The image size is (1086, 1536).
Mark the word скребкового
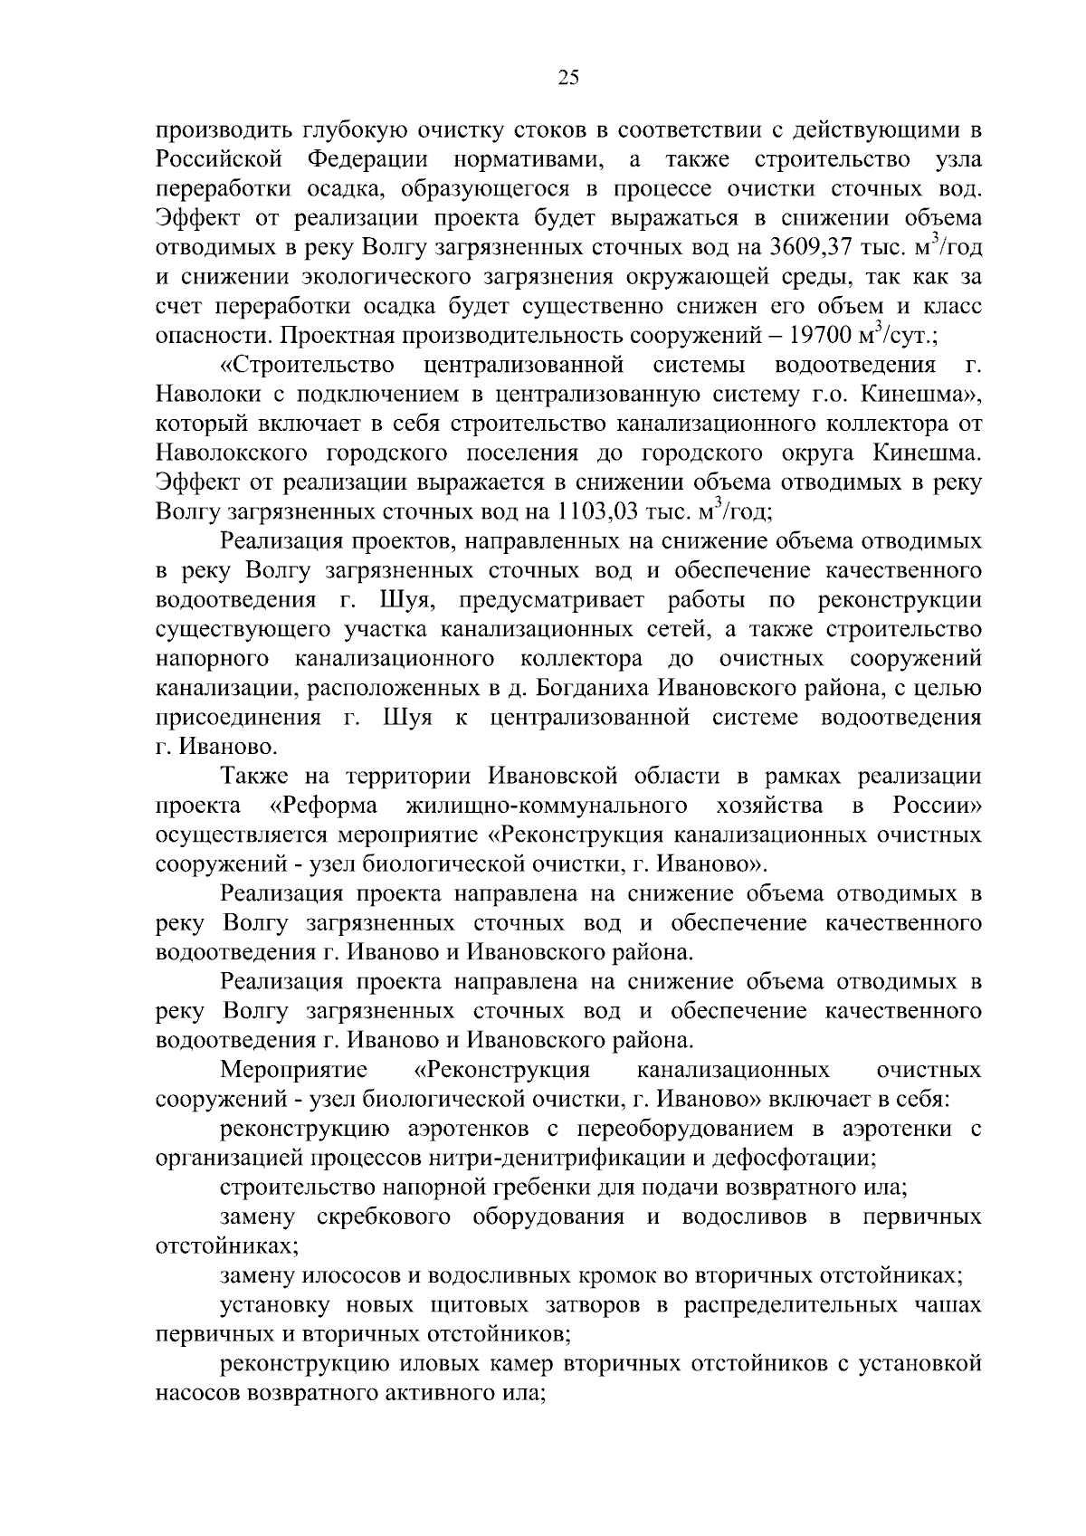coord(385,1216)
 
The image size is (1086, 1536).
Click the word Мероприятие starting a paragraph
coord(292,1071)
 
